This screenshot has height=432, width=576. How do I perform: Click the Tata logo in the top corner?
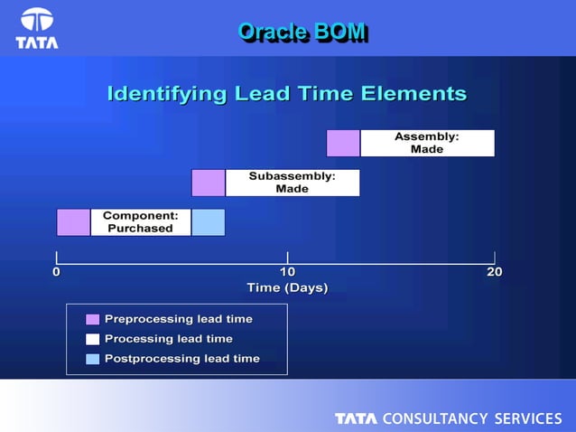37,28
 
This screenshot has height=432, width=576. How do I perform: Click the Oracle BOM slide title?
302,32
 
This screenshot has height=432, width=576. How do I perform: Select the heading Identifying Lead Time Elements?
287,93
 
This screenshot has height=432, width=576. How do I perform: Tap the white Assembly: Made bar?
427,143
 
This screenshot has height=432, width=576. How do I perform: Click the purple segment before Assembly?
343,143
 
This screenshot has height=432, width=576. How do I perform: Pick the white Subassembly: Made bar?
292,183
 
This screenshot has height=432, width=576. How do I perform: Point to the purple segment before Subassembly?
208,183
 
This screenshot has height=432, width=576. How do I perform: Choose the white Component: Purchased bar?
140,222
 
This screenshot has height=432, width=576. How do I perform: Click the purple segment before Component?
73,222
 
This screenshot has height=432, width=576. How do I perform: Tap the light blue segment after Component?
208,222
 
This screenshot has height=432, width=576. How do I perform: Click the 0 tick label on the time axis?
57,272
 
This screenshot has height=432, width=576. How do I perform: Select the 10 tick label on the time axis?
287,272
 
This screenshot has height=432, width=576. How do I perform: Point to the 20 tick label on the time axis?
494,272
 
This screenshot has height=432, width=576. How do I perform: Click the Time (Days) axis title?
287,288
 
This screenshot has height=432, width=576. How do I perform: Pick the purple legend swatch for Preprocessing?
92,319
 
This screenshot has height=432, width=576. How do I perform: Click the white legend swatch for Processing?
92,339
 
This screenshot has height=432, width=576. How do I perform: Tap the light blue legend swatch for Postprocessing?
92,359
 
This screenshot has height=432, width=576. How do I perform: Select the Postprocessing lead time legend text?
181,359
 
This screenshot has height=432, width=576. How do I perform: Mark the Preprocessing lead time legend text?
178,319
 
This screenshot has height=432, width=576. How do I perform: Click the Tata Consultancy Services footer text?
448,418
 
